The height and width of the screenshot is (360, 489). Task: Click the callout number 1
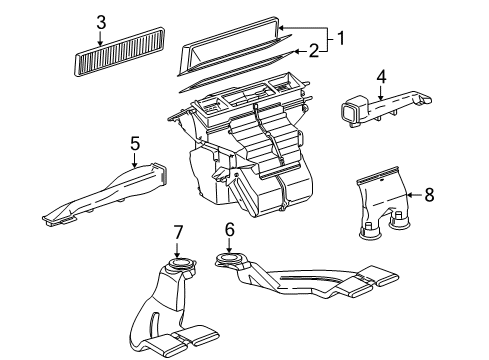[340, 39]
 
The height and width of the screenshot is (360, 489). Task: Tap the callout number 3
[101, 22]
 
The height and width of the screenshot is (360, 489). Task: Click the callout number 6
[228, 230]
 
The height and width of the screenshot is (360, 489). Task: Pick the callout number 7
[178, 232]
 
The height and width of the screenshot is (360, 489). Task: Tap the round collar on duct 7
[179, 265]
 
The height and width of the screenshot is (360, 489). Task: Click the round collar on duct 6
[229, 262]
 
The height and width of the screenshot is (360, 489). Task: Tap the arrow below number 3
[101, 38]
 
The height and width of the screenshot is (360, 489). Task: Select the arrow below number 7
[178, 250]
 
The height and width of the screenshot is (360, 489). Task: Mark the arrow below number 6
[228, 247]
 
